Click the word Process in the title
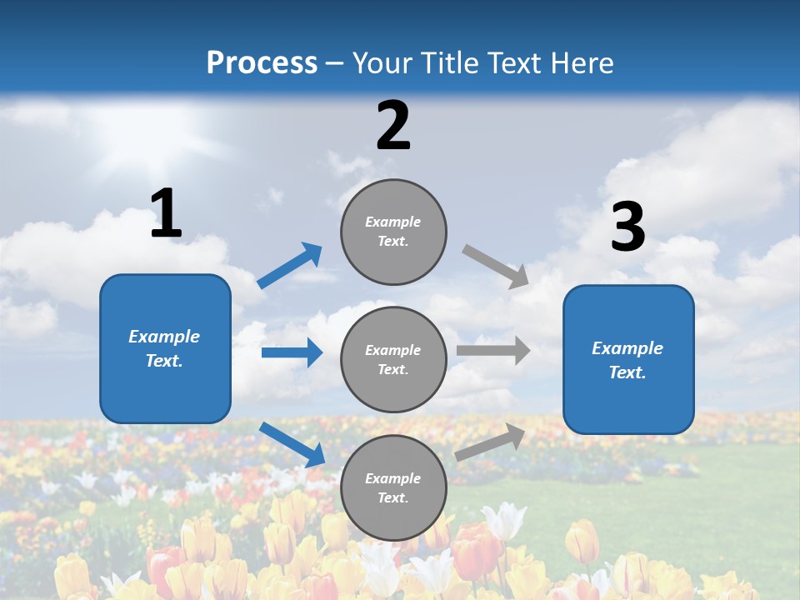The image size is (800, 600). (262, 63)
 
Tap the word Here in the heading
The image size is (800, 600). (579, 63)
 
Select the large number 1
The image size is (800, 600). (166, 214)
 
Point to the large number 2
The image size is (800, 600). (393, 127)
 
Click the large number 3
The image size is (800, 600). (627, 227)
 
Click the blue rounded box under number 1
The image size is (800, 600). (165, 348)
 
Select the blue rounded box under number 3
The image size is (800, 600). (628, 359)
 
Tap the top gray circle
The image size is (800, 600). (393, 232)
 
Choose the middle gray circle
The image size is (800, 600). (393, 359)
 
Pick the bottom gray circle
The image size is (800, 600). (393, 487)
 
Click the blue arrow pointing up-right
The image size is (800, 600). (290, 266)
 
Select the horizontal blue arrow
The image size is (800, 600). (292, 352)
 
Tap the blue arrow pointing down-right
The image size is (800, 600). (292, 444)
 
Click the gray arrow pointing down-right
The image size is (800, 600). (496, 266)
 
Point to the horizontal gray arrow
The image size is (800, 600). (493, 351)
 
